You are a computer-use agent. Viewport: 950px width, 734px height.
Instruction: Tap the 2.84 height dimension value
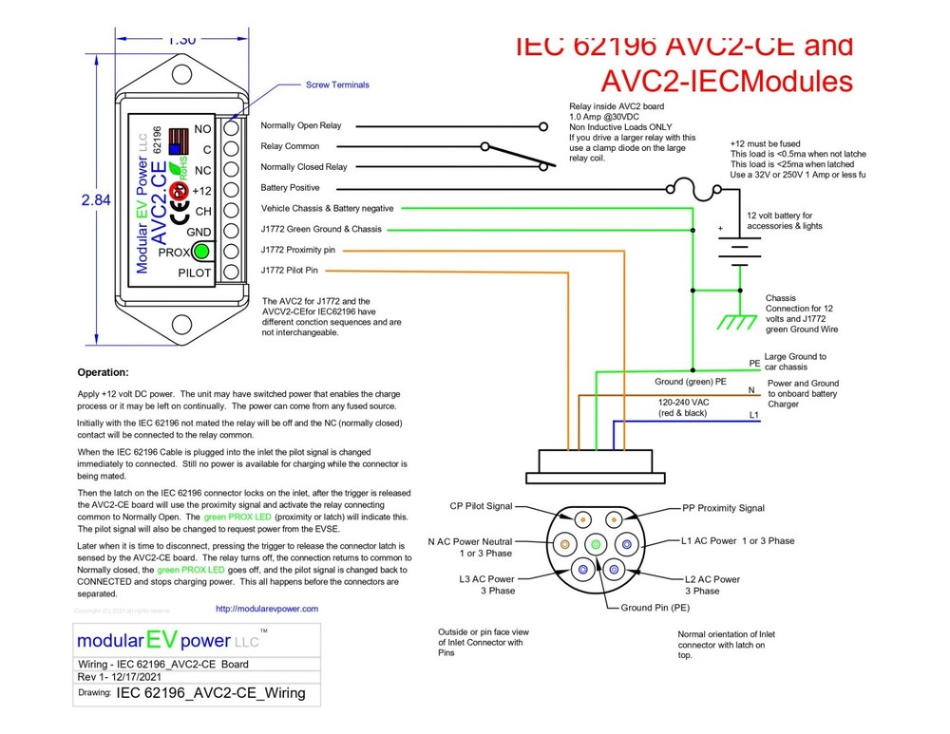(96, 200)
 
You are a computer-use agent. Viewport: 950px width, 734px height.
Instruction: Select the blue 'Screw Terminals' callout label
(337, 85)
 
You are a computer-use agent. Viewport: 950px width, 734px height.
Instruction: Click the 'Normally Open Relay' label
(301, 125)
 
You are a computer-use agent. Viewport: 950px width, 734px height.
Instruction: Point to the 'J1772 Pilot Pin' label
(290, 272)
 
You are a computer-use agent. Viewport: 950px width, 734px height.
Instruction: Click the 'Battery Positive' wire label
(291, 188)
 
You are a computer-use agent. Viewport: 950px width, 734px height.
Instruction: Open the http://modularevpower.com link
(267, 609)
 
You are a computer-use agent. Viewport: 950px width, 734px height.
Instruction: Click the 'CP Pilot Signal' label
(495, 508)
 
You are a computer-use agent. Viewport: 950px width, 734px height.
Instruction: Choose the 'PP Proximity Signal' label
(723, 508)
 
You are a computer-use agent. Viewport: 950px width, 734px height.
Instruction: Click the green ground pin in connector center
(596, 545)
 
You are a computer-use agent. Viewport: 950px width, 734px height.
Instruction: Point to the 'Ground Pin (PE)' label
(655, 607)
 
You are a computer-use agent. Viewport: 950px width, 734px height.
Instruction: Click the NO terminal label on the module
(202, 128)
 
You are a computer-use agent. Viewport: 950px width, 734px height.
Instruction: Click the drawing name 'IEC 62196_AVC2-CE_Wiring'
(210, 693)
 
